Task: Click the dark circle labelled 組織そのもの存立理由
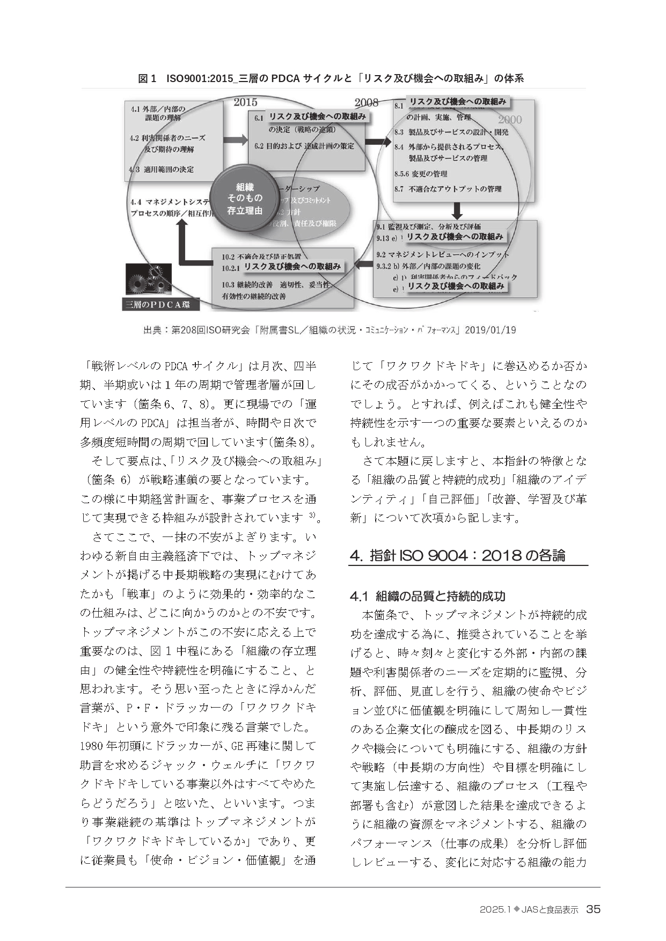244,198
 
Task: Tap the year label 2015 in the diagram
245,102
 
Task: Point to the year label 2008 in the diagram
367,102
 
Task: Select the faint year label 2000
509,120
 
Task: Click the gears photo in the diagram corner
148,280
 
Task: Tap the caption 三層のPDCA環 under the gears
161,305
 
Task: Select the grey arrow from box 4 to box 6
235,141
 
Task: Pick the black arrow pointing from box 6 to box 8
379,142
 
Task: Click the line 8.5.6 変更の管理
421,174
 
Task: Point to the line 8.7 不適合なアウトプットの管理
448,189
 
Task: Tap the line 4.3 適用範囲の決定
162,169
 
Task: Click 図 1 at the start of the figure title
147,79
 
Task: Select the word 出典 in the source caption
152,330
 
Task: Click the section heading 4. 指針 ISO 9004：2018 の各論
457,555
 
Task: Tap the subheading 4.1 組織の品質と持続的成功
427,596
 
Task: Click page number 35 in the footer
593,909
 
